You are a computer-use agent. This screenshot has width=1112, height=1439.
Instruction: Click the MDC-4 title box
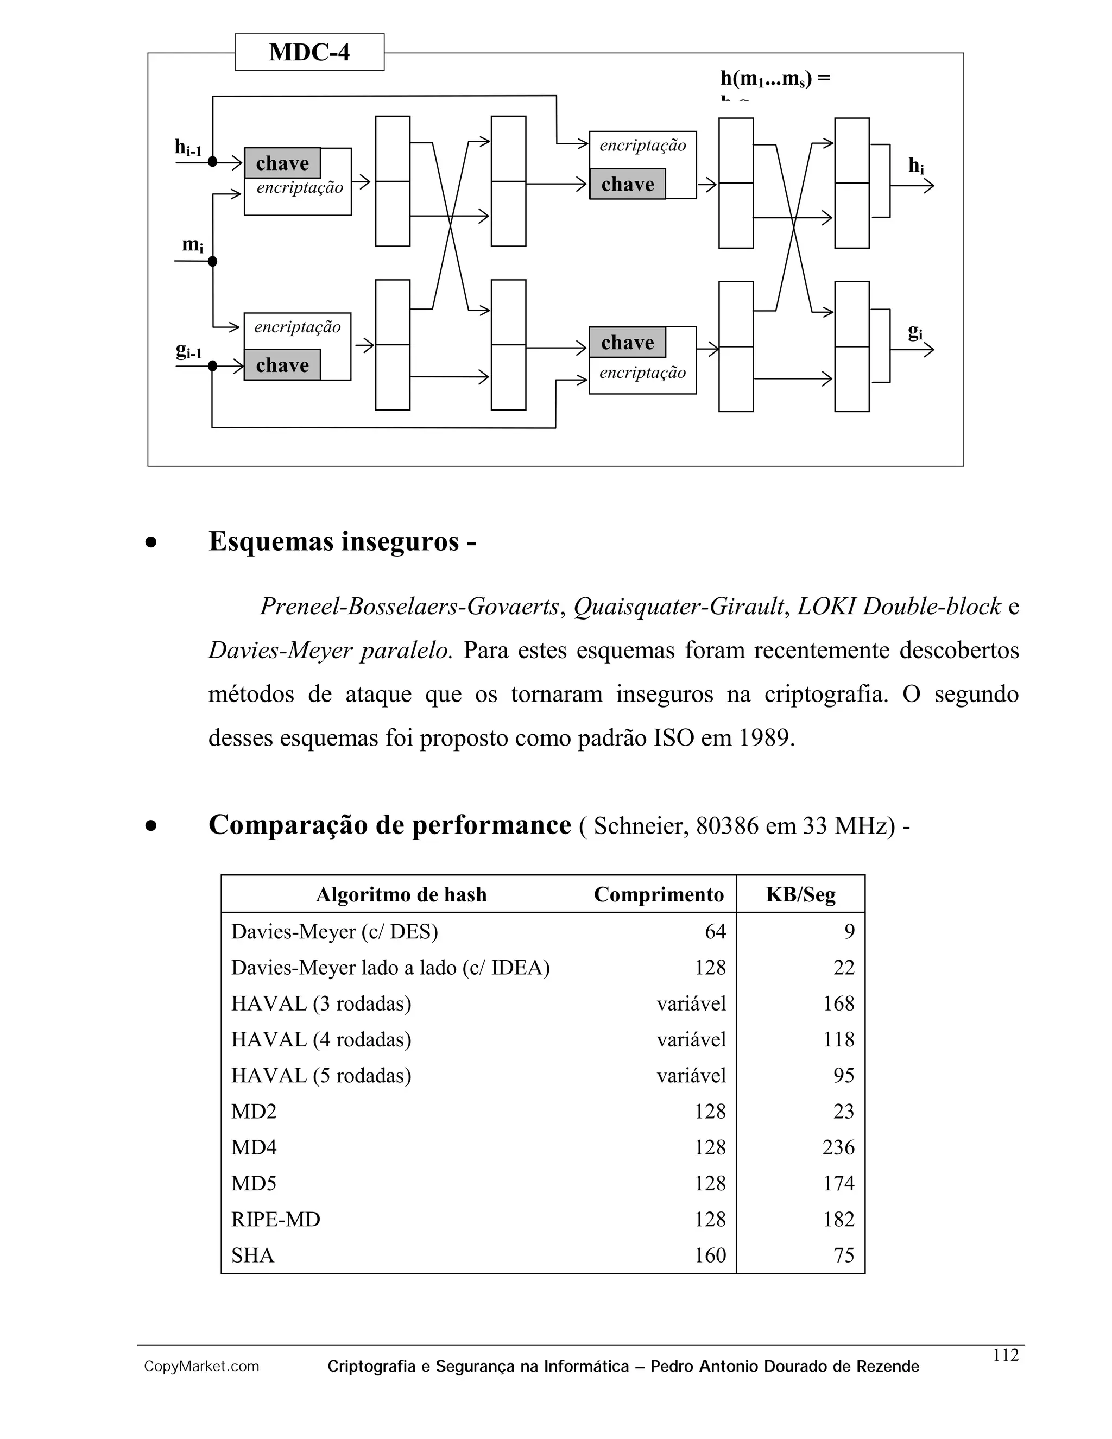[x=309, y=52]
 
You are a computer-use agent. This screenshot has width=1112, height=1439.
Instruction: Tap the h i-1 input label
[x=188, y=148]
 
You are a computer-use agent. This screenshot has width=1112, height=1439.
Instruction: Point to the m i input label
[x=192, y=245]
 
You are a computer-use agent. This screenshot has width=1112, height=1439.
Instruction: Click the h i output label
[x=915, y=166]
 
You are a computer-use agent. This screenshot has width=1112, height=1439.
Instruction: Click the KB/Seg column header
[x=800, y=894]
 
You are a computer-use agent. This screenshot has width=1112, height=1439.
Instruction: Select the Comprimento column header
[x=658, y=894]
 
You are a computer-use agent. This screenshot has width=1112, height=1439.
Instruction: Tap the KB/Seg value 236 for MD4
[x=838, y=1147]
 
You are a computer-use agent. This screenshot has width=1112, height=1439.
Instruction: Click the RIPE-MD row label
[x=275, y=1219]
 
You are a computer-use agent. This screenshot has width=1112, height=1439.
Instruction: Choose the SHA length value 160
[x=710, y=1255]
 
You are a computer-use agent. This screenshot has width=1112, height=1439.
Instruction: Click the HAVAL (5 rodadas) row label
[x=321, y=1075]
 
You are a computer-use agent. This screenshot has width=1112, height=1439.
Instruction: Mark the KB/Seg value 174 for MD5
[x=838, y=1183]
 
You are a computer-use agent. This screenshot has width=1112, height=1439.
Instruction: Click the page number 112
[x=1005, y=1355]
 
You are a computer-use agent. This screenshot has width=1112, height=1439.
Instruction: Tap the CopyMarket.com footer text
[x=201, y=1367]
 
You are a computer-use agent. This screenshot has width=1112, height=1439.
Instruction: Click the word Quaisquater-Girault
[x=679, y=606]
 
